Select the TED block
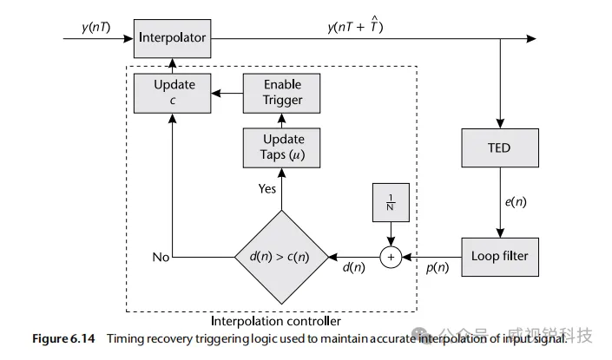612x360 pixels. pyautogui.click(x=499, y=147)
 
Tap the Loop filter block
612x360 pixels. pyautogui.click(x=499, y=256)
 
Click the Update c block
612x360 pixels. pyautogui.click(x=174, y=93)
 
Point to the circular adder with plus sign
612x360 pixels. pyautogui.click(x=391, y=257)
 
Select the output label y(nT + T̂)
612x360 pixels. pyautogui.click(x=355, y=28)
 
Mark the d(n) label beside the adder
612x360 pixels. pyautogui.click(x=353, y=270)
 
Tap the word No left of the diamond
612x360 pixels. pyautogui.click(x=159, y=257)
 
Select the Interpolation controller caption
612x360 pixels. pyautogui.click(x=274, y=322)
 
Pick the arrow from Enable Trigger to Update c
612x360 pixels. pyautogui.click(x=229, y=93)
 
